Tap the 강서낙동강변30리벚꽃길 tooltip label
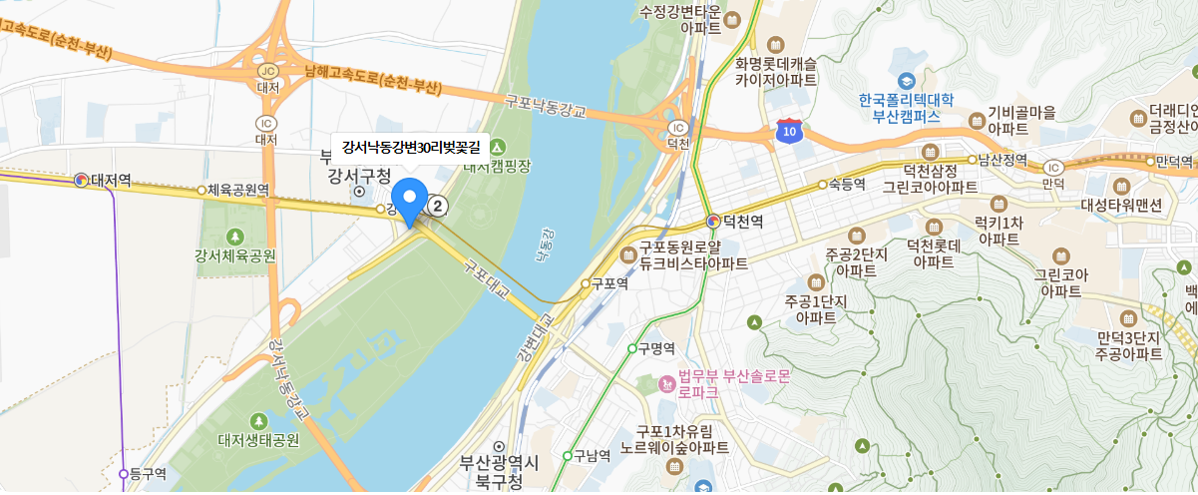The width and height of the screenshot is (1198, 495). coord(410,147)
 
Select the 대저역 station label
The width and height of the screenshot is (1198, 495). coord(111,180)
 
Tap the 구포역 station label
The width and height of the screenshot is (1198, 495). coord(609,283)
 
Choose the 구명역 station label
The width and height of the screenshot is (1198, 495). coord(657,348)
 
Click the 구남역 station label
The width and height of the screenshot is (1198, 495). coord(592,456)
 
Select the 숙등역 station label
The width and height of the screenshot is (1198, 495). coord(845,184)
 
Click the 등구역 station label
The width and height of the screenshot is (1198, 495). coord(146,474)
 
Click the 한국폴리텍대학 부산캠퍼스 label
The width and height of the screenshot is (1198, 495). coord(906,107)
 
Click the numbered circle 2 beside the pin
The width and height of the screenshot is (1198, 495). coord(437,206)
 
